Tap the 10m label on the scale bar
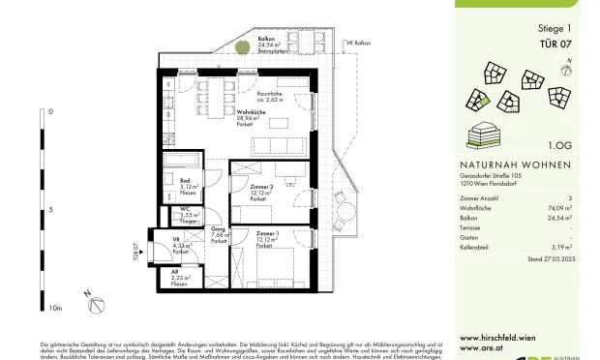pyautogui.click(x=54, y=309)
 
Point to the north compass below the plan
pyautogui.click(x=96, y=303)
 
